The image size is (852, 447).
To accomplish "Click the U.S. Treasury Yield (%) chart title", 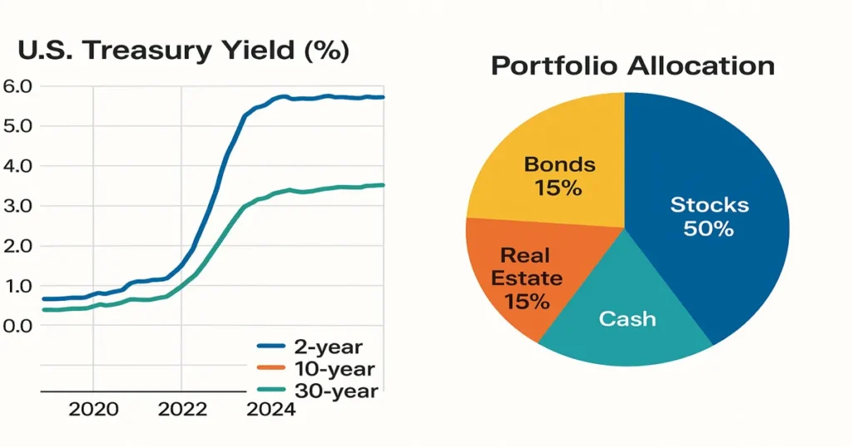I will pyautogui.click(x=183, y=51).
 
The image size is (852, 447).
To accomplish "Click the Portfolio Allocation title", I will pyautogui.click(x=632, y=66).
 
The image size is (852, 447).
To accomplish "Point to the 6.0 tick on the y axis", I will pyautogui.click(x=17, y=86).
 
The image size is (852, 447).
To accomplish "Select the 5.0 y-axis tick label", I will pyautogui.click(x=17, y=126).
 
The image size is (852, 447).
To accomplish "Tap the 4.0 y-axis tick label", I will pyautogui.click(x=17, y=166).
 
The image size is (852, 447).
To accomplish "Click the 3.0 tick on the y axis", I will pyautogui.click(x=17, y=206).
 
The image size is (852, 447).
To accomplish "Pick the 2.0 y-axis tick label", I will pyautogui.click(x=17, y=246).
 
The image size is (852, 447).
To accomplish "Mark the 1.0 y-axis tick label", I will pyautogui.click(x=17, y=286).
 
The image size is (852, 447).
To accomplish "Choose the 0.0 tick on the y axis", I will pyautogui.click(x=17, y=326).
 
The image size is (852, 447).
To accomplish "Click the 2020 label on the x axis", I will pyautogui.click(x=92, y=410).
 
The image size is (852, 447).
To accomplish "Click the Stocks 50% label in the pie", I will pyautogui.click(x=709, y=217).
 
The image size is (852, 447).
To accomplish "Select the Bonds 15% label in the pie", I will pyautogui.click(x=559, y=176).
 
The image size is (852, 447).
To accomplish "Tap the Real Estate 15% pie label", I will pyautogui.click(x=527, y=278).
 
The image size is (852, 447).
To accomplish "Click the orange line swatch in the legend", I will pyautogui.click(x=270, y=369).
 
